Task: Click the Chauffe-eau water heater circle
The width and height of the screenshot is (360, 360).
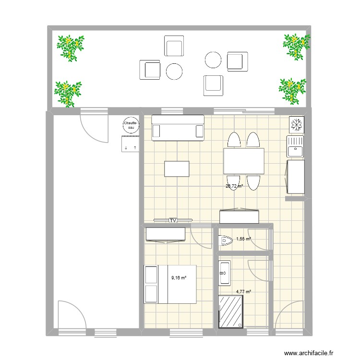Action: pos(131,125)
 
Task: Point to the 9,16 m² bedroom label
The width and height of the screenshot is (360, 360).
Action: pos(179,277)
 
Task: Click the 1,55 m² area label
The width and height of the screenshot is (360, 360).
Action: pos(244,239)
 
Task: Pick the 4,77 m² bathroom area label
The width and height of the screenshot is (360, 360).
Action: pos(243,291)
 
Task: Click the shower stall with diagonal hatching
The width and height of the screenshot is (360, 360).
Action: pos(231,312)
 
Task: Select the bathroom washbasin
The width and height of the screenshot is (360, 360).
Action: pos(225,274)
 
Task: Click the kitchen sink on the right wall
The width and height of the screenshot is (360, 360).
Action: pos(295,146)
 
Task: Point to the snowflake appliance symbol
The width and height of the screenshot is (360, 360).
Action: pos(296,124)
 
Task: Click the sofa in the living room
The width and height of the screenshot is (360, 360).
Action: pos(178,128)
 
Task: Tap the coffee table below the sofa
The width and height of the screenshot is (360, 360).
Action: pos(177,169)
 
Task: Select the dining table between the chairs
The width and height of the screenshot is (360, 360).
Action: pos(244,161)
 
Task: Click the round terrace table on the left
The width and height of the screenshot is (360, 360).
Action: pos(174,72)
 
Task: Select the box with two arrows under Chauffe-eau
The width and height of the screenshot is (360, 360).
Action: pos(130,144)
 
